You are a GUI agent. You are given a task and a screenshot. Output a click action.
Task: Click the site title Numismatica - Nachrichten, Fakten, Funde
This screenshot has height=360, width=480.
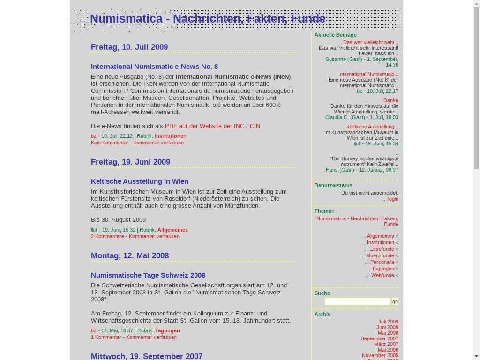208,19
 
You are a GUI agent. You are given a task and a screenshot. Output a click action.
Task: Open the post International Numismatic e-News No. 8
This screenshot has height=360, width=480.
154,67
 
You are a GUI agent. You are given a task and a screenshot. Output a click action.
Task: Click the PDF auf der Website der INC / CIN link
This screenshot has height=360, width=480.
213,126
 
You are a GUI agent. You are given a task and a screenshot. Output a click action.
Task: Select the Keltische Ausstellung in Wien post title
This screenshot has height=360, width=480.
140,181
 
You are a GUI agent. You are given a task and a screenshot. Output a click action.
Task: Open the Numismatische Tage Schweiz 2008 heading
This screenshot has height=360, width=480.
148,275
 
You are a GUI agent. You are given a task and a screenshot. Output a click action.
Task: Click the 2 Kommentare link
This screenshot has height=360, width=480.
107,236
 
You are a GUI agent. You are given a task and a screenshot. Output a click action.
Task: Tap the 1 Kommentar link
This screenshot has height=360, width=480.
106,337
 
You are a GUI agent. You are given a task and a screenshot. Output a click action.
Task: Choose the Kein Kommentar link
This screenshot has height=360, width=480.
110,142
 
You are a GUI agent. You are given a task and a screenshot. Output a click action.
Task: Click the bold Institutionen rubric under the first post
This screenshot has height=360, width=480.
171,136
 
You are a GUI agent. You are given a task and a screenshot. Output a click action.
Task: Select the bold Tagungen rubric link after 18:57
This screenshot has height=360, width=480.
167,330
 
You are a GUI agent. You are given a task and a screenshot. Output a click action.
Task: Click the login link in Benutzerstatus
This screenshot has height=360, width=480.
393,199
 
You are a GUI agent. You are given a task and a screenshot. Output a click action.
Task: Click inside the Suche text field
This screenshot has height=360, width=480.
357,301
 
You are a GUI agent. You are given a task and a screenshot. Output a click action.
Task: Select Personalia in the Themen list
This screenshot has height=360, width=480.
382,262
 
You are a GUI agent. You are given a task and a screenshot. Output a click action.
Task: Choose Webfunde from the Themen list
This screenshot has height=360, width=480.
382,275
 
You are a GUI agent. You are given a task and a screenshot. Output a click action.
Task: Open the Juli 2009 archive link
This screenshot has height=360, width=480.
388,322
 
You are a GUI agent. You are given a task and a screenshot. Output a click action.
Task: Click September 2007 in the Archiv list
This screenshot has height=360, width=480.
379,338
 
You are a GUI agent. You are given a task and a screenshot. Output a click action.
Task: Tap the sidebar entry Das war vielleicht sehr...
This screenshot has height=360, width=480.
370,42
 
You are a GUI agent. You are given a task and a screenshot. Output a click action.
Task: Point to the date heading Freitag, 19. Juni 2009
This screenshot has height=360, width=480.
130,162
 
